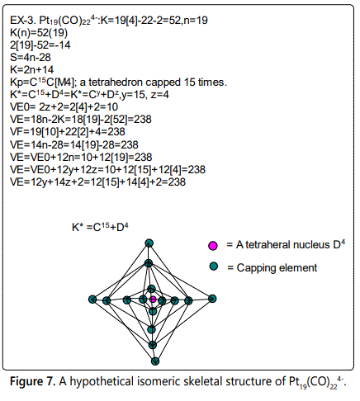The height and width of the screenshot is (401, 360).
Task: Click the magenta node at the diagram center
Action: tap(153, 300)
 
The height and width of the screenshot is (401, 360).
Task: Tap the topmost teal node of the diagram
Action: tap(149, 243)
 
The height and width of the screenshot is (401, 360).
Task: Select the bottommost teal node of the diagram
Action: tap(155, 361)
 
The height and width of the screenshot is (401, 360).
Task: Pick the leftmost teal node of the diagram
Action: tap(92, 300)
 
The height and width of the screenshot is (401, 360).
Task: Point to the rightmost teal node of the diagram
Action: tap(212, 299)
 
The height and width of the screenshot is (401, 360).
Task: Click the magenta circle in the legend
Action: tap(213, 245)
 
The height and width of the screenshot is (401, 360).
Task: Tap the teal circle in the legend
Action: tap(214, 267)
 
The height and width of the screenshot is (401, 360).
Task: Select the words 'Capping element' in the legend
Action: tap(277, 268)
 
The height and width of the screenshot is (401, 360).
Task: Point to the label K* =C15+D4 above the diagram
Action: tap(100, 227)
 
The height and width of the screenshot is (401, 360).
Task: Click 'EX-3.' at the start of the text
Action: tap(23, 21)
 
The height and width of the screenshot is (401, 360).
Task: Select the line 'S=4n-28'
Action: tap(31, 57)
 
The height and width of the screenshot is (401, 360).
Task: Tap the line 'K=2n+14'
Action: tap(32, 69)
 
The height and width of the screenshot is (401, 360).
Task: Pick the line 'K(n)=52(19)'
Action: tap(39, 33)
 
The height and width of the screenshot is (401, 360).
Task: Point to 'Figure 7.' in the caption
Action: tap(33, 381)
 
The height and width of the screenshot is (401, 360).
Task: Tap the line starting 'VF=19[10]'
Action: tap(68, 132)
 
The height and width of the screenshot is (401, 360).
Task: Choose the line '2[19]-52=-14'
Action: tap(40, 45)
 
